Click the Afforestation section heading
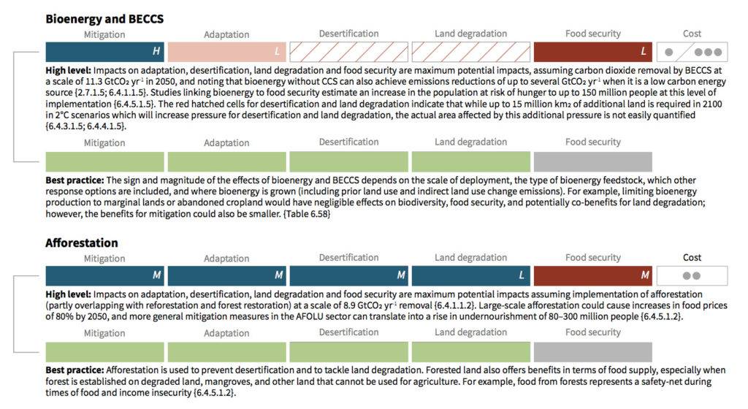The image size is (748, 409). click(x=82, y=242)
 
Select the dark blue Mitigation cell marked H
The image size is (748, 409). click(x=104, y=52)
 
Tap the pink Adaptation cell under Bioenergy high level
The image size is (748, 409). click(x=226, y=52)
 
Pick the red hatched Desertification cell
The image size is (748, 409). click(x=348, y=52)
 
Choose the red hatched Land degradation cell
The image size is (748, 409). click(x=470, y=52)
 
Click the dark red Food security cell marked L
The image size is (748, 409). click(x=592, y=52)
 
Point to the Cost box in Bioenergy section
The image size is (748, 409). click(x=692, y=52)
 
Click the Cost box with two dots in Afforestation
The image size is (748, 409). click(x=692, y=275)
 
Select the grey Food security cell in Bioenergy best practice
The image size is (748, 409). click(x=592, y=161)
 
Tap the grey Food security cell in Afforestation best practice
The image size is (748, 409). click(x=592, y=351)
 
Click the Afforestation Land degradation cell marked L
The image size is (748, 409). click(x=470, y=275)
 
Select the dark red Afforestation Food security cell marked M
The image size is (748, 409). click(x=592, y=275)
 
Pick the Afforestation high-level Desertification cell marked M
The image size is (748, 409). click(x=348, y=275)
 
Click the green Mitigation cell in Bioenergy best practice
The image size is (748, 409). click(x=104, y=161)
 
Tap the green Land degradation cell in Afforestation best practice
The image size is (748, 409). click(x=470, y=351)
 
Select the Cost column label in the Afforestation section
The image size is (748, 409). click(x=692, y=257)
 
